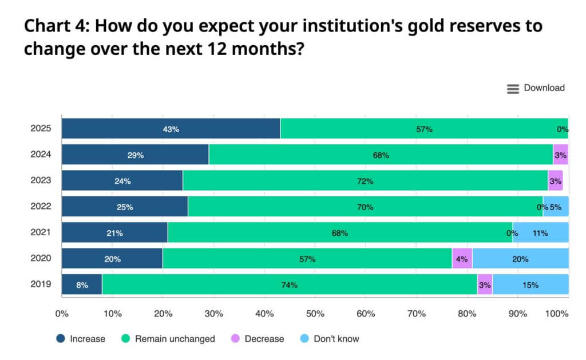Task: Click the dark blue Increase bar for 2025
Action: coord(171,129)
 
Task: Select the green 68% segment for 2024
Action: coord(381,155)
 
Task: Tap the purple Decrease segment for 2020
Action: coord(462,258)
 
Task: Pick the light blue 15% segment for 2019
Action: coord(530,284)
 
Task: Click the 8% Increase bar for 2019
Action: coord(82,284)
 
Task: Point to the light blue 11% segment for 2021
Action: coord(540,232)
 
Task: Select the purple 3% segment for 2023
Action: coord(555,181)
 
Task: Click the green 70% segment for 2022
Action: coord(365,207)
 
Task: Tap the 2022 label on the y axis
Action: coord(41,207)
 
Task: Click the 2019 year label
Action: coord(41,284)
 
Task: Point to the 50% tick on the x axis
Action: coord(315,313)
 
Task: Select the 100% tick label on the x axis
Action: coord(557,313)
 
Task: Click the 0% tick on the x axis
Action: coord(61,313)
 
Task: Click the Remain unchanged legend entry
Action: coord(168,339)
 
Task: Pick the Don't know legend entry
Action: coord(330,339)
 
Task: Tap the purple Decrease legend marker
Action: coord(235,339)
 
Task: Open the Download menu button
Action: coord(536,88)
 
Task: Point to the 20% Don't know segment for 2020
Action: coord(520,258)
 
